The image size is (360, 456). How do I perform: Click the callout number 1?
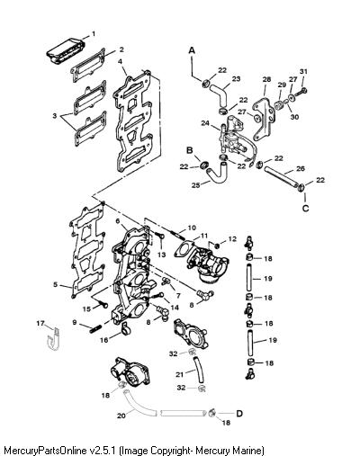[x=94, y=33]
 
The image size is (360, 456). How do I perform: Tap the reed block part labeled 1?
[x=66, y=51]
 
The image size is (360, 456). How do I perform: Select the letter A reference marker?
[x=192, y=50]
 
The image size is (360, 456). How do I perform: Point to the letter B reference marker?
[x=190, y=150]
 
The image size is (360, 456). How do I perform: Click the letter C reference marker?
[x=305, y=208]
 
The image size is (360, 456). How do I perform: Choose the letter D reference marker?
[x=239, y=414]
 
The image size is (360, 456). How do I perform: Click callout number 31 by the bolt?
[x=303, y=71]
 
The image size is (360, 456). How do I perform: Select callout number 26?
[x=301, y=168]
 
